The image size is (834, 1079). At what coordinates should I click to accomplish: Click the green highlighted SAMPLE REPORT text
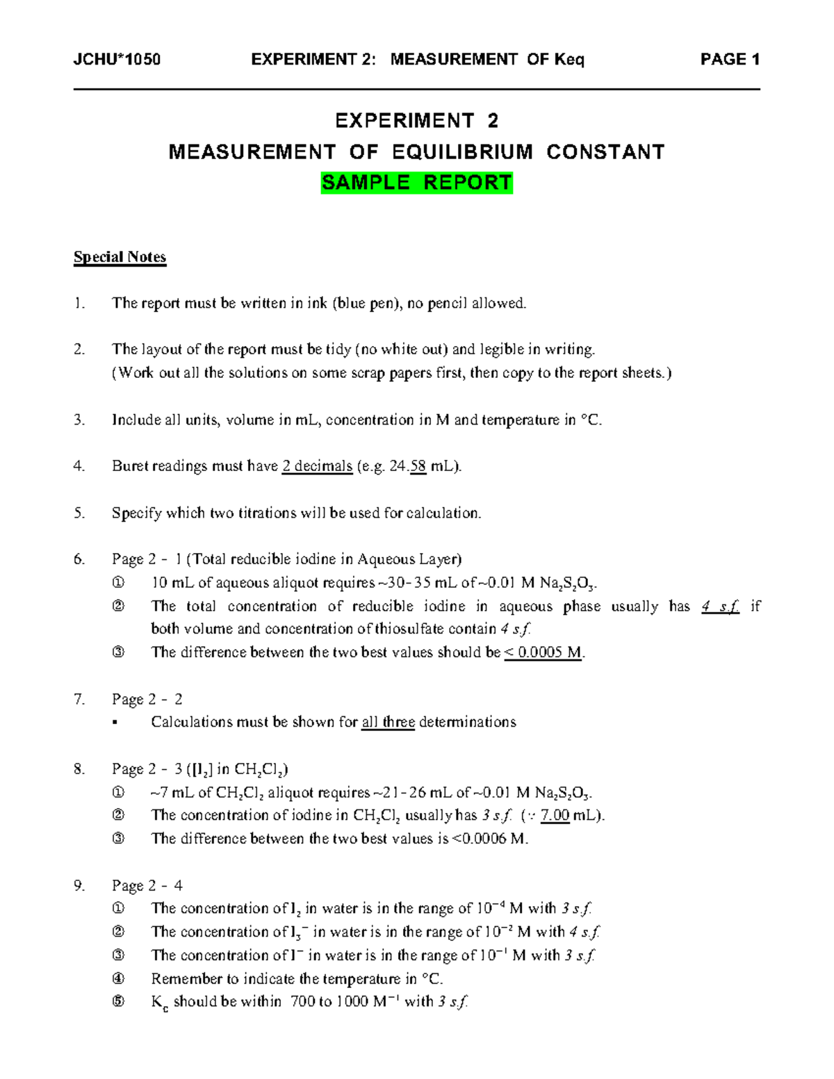(x=416, y=183)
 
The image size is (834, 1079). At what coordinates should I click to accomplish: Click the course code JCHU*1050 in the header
(x=117, y=60)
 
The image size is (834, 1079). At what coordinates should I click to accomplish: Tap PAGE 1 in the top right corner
(x=729, y=60)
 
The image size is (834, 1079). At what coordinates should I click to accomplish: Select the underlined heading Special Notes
(x=120, y=257)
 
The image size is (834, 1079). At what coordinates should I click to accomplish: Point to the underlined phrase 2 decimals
(x=317, y=466)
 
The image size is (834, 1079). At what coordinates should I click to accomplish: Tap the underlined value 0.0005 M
(x=546, y=652)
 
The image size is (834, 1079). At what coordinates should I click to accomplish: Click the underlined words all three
(x=388, y=722)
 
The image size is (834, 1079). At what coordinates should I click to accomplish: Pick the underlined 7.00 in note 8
(x=555, y=816)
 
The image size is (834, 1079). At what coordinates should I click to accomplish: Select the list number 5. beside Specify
(x=79, y=513)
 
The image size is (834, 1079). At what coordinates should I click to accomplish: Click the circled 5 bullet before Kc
(x=118, y=1002)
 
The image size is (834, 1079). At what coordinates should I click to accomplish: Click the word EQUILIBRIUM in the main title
(x=462, y=152)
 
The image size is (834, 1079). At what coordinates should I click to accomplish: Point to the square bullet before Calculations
(x=115, y=723)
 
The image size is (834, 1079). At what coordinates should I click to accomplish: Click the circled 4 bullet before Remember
(x=118, y=979)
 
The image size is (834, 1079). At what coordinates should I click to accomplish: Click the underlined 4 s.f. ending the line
(x=720, y=607)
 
